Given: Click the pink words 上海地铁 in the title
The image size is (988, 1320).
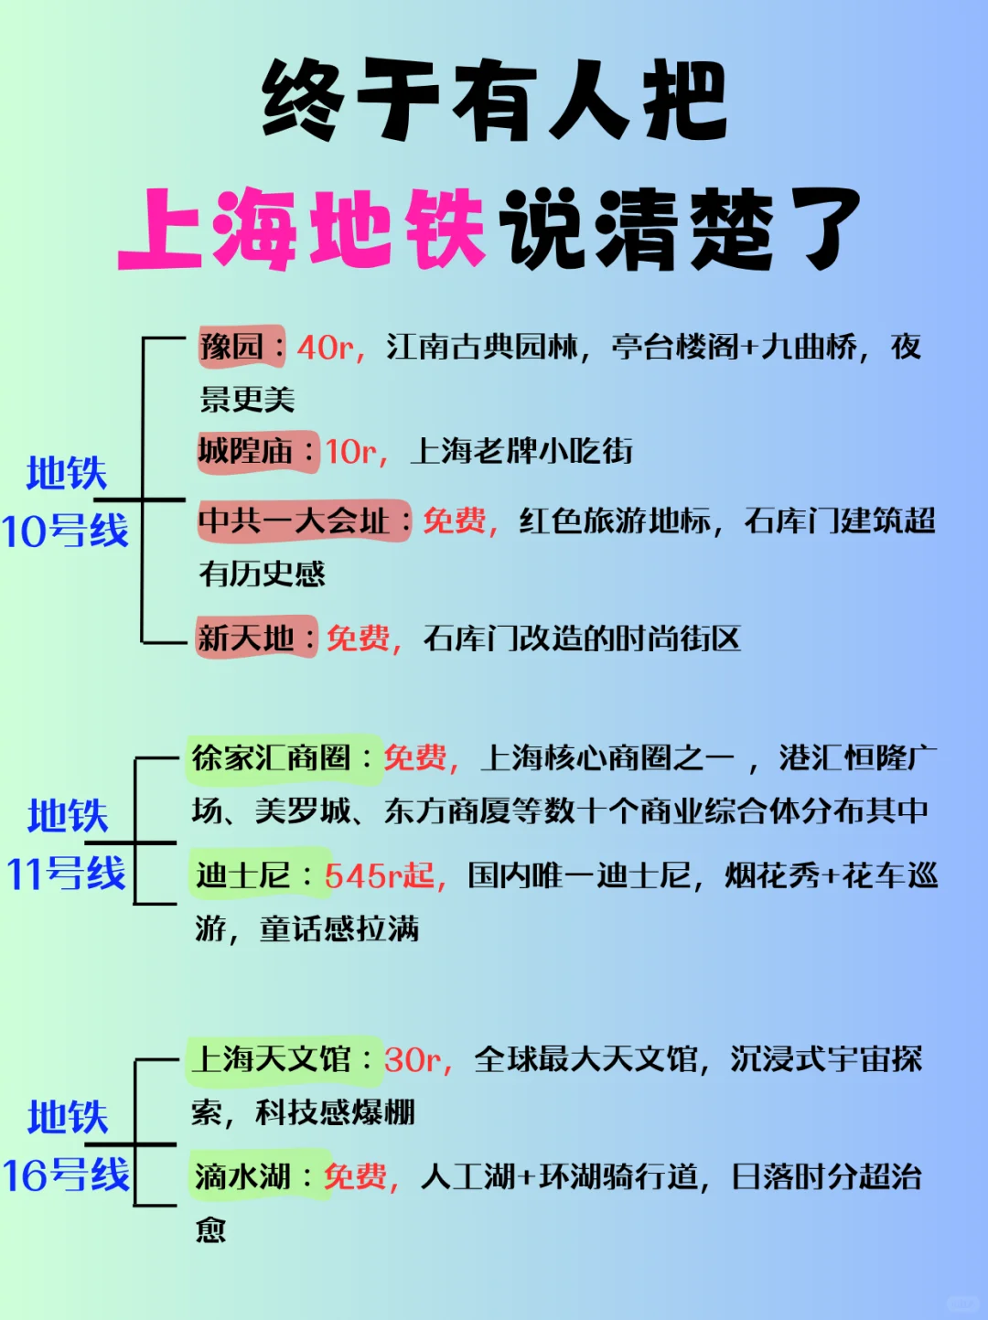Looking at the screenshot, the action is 302,229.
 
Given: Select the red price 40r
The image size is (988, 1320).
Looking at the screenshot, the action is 325,348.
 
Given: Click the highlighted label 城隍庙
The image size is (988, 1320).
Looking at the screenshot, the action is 246,451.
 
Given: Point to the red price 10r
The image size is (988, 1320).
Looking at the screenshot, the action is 351,452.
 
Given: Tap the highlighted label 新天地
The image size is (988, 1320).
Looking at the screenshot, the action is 246,638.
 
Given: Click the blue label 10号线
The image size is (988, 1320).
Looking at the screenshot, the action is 65,531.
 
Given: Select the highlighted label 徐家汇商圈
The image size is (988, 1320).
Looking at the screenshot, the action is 271,757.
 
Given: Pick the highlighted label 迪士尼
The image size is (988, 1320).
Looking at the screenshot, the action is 242,875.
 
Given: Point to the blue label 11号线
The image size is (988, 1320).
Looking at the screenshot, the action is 66,874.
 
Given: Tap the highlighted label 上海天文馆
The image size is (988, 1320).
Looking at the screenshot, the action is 271,1059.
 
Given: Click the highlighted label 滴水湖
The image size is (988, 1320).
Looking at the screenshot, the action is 242,1176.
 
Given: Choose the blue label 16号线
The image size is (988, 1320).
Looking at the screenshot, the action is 66,1175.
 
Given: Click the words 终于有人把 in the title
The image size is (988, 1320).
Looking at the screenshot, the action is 494,101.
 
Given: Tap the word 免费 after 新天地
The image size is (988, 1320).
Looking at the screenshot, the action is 359,638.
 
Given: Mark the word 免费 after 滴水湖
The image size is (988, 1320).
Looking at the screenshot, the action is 356,1176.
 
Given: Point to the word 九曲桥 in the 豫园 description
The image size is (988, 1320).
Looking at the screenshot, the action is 809,347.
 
